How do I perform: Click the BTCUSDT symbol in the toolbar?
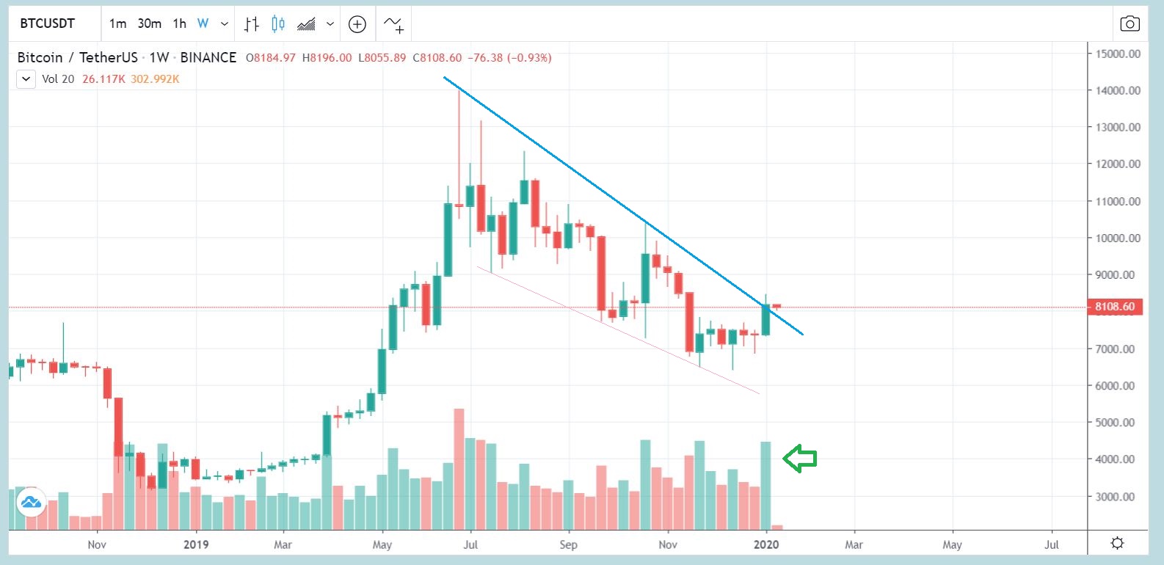click(48, 23)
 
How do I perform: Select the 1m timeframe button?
click(117, 23)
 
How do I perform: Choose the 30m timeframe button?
click(150, 23)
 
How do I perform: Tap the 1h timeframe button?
click(180, 23)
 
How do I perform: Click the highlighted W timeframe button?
click(203, 23)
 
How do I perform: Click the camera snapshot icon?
click(1130, 24)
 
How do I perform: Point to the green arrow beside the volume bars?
click(800, 459)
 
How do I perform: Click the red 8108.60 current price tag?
click(1114, 307)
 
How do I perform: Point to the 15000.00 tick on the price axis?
click(1118, 54)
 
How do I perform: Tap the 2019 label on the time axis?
click(196, 544)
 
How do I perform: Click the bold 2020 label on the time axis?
click(766, 544)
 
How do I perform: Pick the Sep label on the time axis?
click(568, 544)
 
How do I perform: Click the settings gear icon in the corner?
click(1117, 543)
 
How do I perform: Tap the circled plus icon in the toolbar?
click(357, 24)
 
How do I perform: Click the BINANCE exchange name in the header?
click(208, 57)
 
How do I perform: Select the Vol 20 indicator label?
click(58, 79)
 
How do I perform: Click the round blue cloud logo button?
click(32, 503)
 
